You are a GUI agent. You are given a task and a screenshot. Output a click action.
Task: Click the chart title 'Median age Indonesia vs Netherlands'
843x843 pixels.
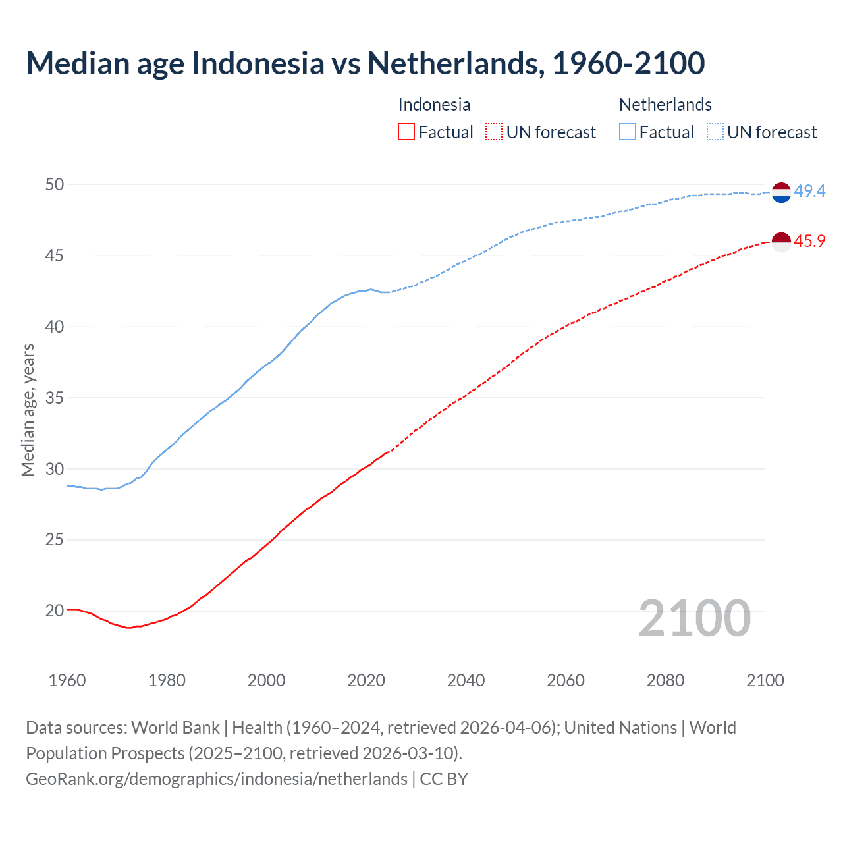tap(366, 63)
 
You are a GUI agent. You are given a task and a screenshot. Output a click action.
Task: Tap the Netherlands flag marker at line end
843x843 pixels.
tap(781, 192)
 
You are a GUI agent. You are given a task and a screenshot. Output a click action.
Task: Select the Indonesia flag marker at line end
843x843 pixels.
tap(781, 242)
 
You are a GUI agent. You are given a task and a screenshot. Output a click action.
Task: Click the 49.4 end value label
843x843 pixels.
tap(809, 191)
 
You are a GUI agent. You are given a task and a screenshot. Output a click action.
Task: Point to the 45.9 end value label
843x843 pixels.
tap(809, 241)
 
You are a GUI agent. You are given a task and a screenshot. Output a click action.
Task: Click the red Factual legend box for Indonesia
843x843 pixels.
tap(406, 132)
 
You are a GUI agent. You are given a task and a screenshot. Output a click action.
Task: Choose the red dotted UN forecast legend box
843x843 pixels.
tap(494, 132)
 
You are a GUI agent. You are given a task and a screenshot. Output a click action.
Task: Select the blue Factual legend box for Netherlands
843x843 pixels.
tap(628, 132)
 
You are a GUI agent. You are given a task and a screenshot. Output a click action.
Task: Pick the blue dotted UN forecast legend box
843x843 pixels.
tap(715, 132)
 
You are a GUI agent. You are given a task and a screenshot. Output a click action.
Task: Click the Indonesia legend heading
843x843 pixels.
tap(434, 105)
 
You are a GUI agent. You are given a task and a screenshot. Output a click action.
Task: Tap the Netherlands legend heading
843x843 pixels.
tap(665, 105)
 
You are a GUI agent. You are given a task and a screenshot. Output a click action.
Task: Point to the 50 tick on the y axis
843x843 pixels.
tap(55, 184)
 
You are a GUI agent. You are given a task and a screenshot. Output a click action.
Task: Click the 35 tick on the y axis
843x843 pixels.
tap(55, 398)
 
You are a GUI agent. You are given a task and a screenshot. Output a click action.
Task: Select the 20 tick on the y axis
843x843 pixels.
tap(55, 611)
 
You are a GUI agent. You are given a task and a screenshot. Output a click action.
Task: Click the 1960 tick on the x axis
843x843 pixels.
tap(67, 680)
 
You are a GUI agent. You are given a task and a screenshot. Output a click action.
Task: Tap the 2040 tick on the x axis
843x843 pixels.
tap(466, 680)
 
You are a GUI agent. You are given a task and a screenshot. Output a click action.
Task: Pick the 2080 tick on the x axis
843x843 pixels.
tap(665, 680)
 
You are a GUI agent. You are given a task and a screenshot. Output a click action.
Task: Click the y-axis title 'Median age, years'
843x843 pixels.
tap(28, 410)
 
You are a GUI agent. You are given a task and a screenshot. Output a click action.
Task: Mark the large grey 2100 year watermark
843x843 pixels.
tap(694, 618)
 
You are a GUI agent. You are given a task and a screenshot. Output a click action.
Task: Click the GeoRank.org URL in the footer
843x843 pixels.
tap(217, 778)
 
